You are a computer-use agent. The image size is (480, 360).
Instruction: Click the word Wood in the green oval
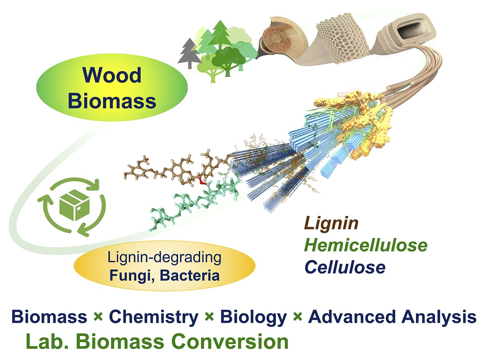(111, 75)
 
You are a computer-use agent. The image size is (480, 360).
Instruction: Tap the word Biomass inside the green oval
(114, 101)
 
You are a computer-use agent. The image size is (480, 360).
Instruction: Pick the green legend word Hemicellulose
(365, 245)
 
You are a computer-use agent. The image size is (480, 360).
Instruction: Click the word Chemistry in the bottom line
(153, 317)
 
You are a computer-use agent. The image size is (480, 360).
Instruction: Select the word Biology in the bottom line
(253, 317)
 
